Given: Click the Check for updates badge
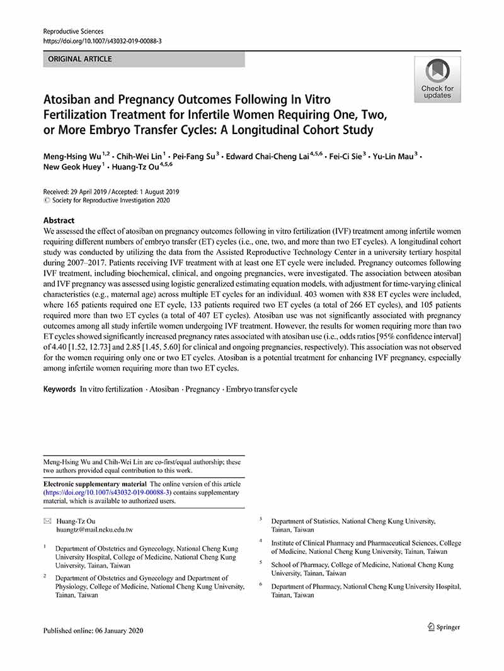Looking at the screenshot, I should coord(437,79).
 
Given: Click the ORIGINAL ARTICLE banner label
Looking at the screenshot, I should coord(77,59).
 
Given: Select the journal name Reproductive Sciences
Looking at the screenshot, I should coord(73,31).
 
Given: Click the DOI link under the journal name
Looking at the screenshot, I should coord(102,41).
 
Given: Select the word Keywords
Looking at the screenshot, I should coord(59,389).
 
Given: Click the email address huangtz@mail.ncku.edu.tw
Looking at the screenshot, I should coord(94,530).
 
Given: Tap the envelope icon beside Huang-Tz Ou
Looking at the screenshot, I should coord(47,521).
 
